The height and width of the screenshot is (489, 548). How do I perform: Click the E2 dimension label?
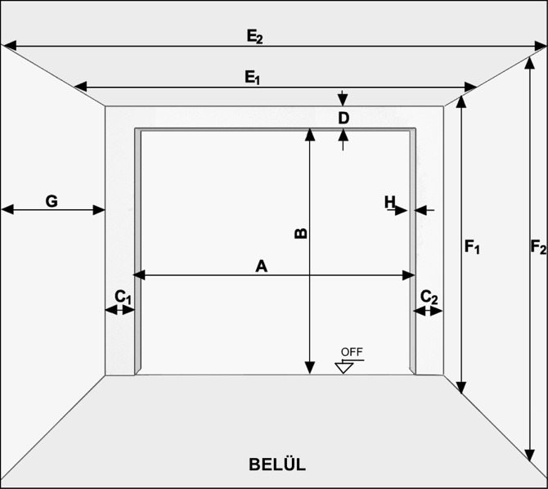[254, 37]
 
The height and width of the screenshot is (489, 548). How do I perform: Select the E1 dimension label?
[253, 77]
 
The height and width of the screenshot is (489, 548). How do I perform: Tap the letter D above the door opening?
[344, 119]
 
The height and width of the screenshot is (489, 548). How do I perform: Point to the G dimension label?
[52, 201]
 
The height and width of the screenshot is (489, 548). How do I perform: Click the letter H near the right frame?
[389, 202]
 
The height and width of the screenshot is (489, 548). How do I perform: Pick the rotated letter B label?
[301, 234]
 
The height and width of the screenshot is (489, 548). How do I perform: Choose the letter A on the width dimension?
[262, 267]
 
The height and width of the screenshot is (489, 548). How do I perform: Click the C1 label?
[123, 298]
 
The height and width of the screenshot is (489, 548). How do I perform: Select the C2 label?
[429, 298]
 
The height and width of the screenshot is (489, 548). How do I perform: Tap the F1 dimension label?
[472, 247]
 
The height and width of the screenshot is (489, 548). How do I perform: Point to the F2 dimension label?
[538, 247]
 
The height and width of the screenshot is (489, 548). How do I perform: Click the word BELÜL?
[277, 464]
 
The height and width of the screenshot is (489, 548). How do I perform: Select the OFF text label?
[352, 352]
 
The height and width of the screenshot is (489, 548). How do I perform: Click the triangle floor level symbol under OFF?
[344, 368]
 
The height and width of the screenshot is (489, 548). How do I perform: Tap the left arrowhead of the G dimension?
[7, 209]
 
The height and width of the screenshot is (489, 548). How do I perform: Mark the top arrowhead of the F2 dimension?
[530, 64]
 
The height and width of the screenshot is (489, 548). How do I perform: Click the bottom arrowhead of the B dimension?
[310, 368]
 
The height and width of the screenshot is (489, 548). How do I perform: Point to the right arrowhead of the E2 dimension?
[541, 46]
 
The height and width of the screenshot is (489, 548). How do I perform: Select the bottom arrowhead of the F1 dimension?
[461, 388]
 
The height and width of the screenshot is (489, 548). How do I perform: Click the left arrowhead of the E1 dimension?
[81, 87]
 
